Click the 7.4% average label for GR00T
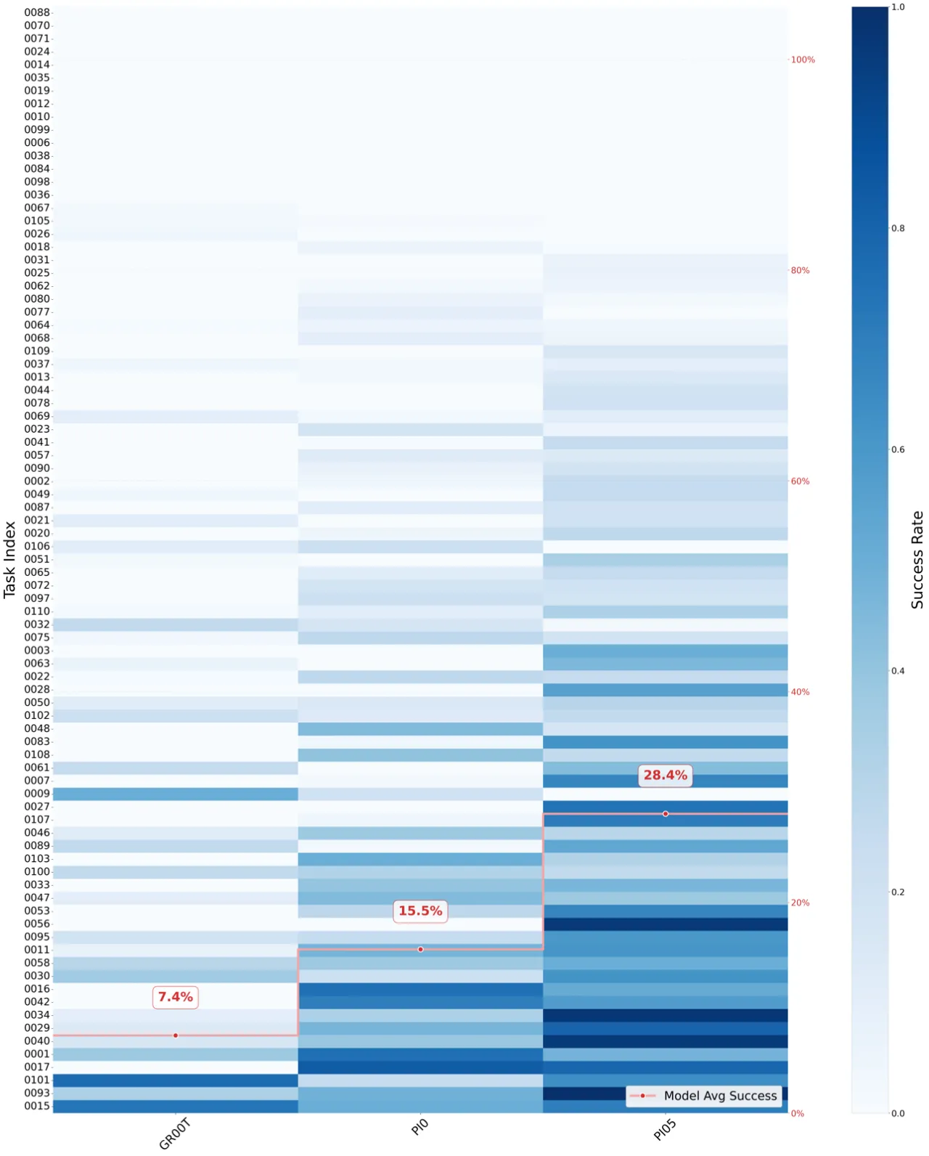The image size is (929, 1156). (175, 997)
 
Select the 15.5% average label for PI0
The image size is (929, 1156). (420, 911)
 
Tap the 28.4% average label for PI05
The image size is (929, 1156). (665, 775)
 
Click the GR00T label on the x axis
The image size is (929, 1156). (175, 1133)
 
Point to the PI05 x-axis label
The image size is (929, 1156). (664, 1130)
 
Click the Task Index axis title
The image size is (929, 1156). (9, 560)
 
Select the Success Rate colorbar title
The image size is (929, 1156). (917, 559)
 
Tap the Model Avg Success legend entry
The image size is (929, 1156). (703, 1096)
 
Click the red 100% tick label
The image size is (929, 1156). (803, 60)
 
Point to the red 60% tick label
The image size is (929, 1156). (800, 481)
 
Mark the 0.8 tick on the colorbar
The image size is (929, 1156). (898, 228)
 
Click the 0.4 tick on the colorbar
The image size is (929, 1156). (898, 671)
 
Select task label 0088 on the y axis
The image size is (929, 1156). (36, 12)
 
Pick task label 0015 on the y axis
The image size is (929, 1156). (36, 1106)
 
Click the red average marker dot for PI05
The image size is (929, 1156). (666, 814)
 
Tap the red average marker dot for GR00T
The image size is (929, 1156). (176, 1035)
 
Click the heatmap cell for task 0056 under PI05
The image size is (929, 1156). (666, 924)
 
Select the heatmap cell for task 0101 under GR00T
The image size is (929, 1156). (176, 1080)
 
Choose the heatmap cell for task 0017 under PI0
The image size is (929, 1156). (420, 1067)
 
